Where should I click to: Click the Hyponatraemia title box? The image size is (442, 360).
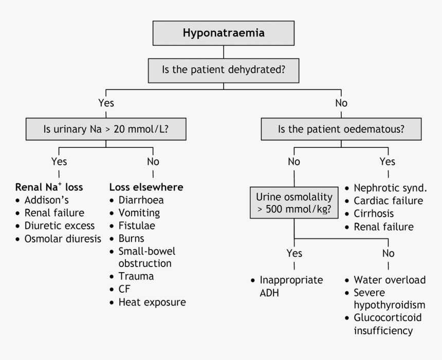pyautogui.click(x=224, y=34)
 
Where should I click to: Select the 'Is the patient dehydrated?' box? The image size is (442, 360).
pyautogui.click(x=224, y=70)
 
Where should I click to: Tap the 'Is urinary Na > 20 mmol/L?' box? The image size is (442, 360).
pyautogui.click(x=106, y=128)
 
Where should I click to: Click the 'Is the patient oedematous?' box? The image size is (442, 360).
pyautogui.click(x=341, y=128)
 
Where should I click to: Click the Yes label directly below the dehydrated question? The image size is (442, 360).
pyautogui.click(x=106, y=103)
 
